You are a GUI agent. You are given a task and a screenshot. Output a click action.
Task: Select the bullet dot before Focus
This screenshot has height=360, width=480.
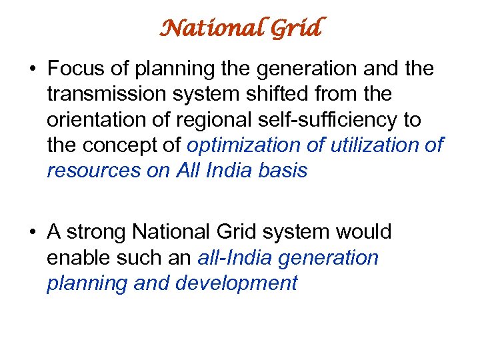click(32, 69)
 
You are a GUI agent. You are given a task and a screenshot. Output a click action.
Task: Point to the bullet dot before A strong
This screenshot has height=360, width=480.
click(32, 233)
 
